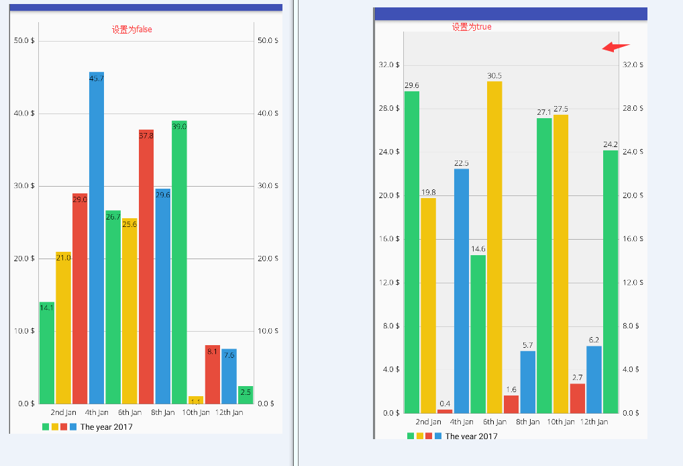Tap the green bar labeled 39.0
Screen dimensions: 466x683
179,262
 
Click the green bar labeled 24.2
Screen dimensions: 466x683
611,281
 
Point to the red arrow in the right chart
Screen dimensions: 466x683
615,46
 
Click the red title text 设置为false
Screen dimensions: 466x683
132,30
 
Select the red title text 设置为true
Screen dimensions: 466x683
472,27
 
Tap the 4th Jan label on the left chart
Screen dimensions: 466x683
97,412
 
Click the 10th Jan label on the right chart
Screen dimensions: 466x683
560,422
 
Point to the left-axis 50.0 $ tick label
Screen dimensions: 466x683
24,41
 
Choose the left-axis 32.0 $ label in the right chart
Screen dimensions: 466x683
389,65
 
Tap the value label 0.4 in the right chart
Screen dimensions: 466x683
445,404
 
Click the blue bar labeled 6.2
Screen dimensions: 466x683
594,379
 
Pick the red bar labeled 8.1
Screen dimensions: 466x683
212,374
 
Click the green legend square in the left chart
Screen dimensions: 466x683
46,427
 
